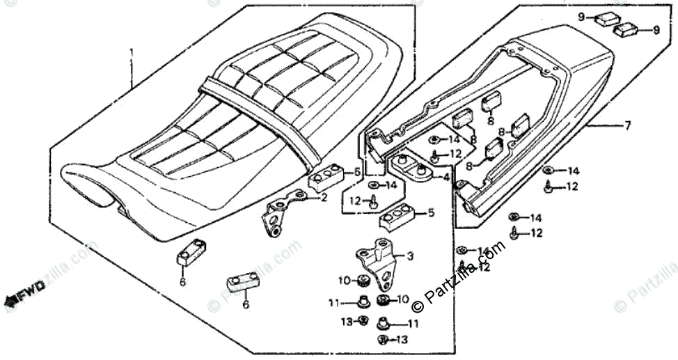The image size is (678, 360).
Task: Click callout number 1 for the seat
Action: (130, 52)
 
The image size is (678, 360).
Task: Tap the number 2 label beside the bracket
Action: (324, 198)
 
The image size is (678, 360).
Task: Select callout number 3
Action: (410, 256)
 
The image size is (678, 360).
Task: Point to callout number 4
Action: (446, 178)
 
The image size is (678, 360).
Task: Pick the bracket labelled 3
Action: (378, 261)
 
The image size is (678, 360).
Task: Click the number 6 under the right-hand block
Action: (245, 304)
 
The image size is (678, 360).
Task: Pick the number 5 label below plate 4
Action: (431, 213)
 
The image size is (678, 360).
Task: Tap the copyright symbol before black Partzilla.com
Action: (418, 304)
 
